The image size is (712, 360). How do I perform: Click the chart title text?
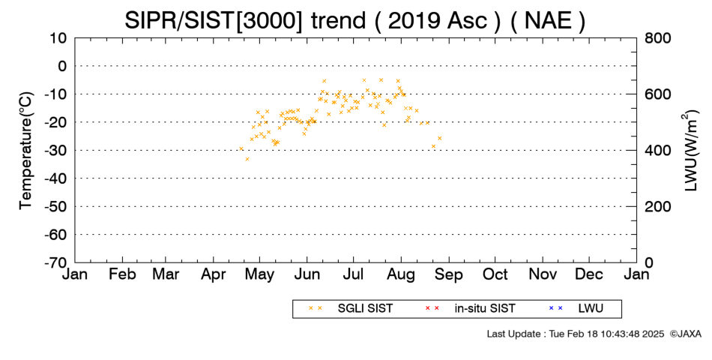point(355,20)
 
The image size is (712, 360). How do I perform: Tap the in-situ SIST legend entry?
point(470,309)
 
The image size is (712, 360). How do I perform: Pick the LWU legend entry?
point(576,309)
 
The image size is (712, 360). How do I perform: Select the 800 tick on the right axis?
point(658,38)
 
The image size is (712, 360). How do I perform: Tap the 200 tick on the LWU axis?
point(658,207)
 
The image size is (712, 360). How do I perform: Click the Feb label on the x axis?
point(122,274)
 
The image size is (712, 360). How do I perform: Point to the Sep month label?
point(449,275)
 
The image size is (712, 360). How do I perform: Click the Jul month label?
point(353,274)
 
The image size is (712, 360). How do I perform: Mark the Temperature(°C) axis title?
point(26,151)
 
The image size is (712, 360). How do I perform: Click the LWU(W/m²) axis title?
point(690,151)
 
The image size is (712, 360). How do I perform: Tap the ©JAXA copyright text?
point(685,334)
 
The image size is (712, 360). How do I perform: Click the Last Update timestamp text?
point(576,334)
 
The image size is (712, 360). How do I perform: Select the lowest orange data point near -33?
point(247,159)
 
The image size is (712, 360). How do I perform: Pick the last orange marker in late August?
point(439,138)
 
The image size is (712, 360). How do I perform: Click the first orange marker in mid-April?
point(241,148)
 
